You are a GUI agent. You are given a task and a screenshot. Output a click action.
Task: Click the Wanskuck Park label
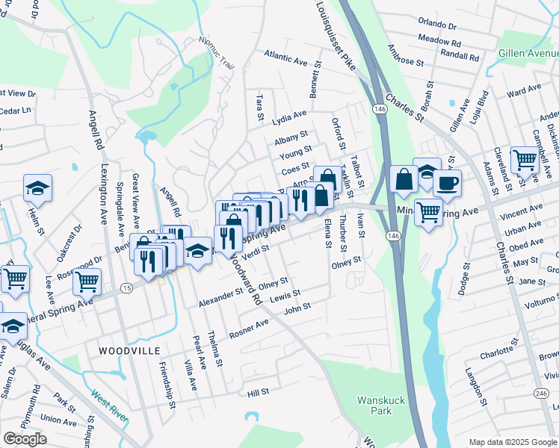(x=380, y=405)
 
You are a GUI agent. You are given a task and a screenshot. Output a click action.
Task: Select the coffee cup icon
(x=447, y=184)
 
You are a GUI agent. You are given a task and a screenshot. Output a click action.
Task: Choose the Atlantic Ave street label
(x=286, y=57)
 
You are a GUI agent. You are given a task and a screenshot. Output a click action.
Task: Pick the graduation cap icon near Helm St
(x=37, y=189)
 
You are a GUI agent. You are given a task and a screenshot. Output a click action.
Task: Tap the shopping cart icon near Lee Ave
(x=87, y=281)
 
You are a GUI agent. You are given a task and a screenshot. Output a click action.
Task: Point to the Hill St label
(x=258, y=391)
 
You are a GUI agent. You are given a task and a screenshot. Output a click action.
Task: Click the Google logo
(x=25, y=439)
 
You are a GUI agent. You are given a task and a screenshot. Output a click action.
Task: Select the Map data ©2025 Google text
(x=513, y=442)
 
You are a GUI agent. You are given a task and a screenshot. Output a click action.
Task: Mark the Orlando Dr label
(x=437, y=25)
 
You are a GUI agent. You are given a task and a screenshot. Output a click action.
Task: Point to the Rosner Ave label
(x=249, y=329)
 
